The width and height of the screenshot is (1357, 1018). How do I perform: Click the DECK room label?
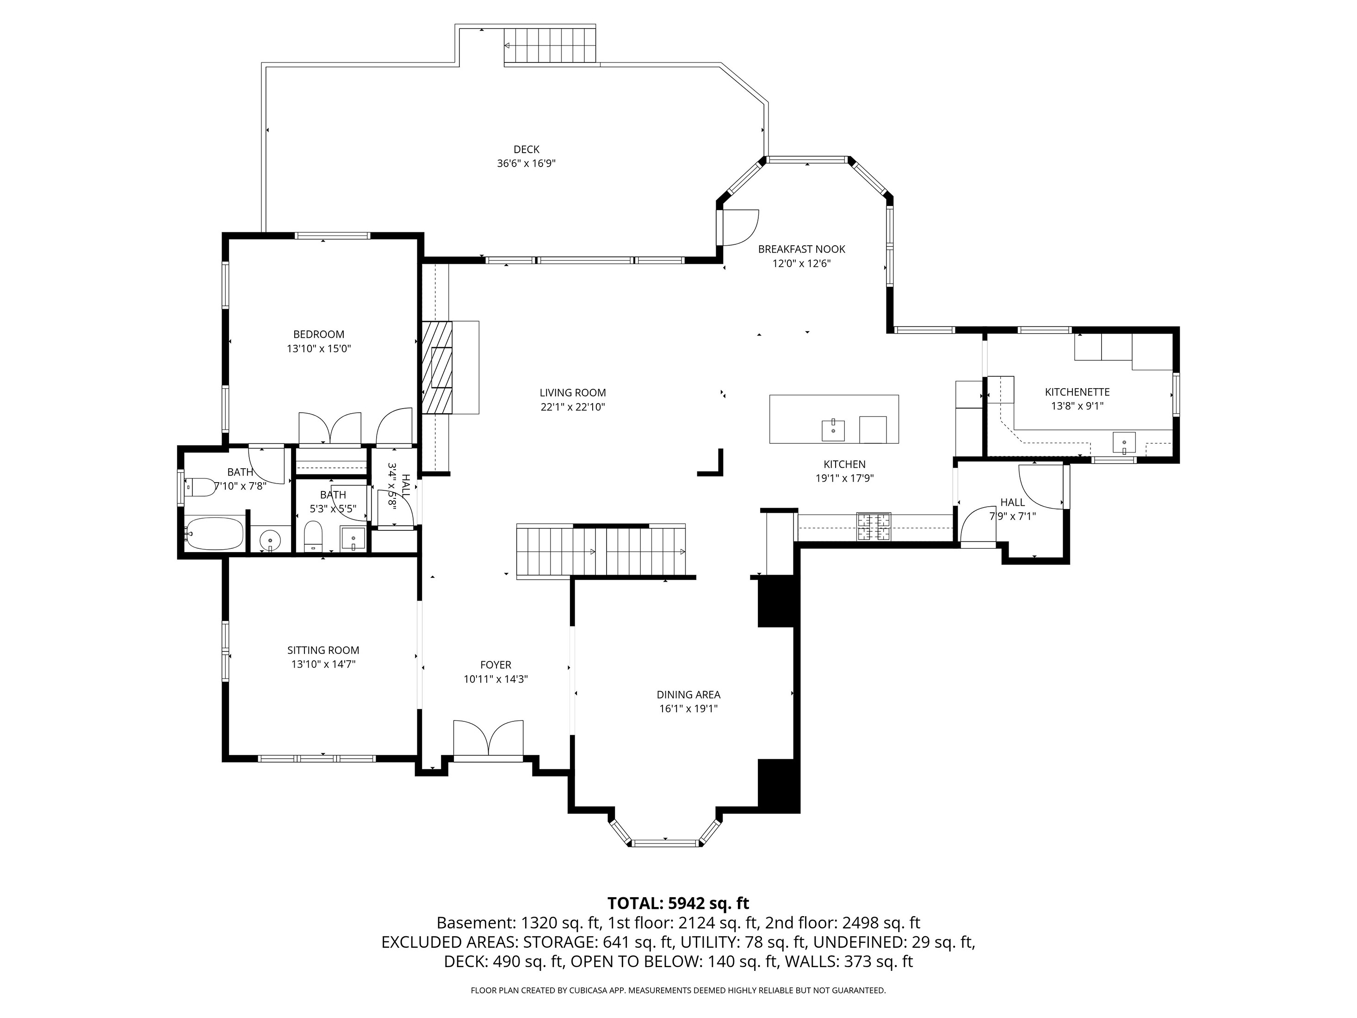click(x=527, y=149)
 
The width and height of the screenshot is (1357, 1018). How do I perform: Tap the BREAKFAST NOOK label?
click(x=801, y=249)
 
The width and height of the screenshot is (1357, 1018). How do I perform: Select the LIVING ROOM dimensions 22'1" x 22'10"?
click(x=572, y=407)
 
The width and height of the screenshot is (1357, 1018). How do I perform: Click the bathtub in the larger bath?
click(x=215, y=533)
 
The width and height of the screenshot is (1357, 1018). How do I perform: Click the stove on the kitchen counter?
click(x=874, y=527)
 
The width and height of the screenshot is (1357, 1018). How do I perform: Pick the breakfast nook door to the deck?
click(x=739, y=228)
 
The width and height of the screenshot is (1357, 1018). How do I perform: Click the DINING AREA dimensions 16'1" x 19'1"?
click(x=688, y=709)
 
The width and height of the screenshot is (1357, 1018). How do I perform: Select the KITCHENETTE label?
click(x=1077, y=391)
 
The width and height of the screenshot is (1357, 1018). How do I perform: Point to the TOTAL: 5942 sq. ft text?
click(x=678, y=903)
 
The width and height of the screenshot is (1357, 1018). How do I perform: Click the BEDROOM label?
click(x=318, y=335)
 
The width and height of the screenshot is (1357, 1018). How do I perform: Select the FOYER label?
click(x=496, y=664)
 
